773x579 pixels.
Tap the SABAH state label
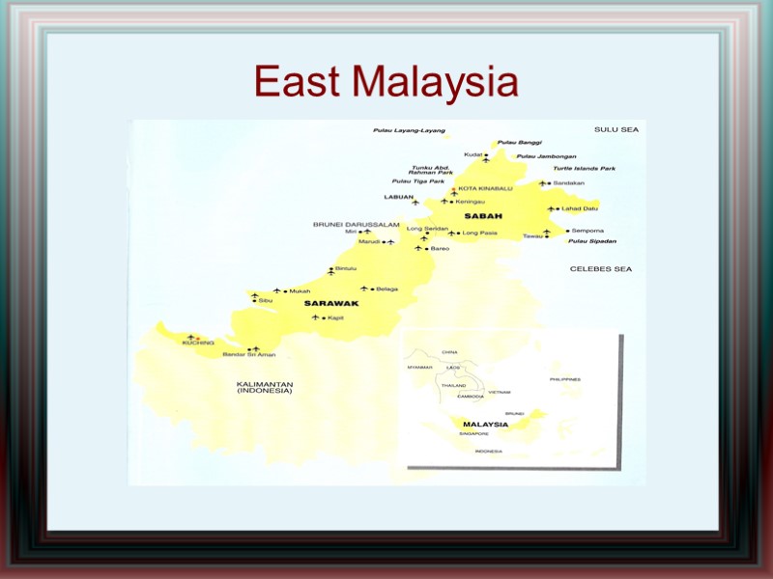tap(480, 216)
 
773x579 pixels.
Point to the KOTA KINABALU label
tap(485, 188)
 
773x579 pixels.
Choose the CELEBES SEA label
tap(600, 268)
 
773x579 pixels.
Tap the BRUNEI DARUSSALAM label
tap(356, 224)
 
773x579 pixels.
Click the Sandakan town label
tap(570, 183)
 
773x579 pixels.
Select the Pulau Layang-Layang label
tap(409, 130)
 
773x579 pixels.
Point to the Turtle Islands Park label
tap(584, 169)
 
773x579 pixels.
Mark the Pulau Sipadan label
tap(592, 240)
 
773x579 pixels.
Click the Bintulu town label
tap(345, 268)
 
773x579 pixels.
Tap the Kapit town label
tap(335, 317)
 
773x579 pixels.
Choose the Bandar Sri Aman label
tap(248, 355)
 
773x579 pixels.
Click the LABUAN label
tap(398, 197)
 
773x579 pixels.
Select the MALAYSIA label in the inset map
tap(485, 424)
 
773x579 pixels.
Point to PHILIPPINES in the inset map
tap(565, 379)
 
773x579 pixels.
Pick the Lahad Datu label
tap(580, 208)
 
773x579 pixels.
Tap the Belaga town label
tap(386, 289)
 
